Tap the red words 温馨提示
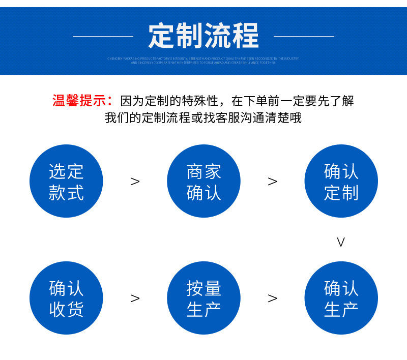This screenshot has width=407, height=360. click(x=81, y=100)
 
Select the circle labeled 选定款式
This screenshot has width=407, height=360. click(x=66, y=182)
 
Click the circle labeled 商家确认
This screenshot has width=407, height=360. click(x=203, y=182)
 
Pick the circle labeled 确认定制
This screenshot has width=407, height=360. click(x=341, y=182)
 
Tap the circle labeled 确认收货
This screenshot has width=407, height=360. click(x=66, y=298)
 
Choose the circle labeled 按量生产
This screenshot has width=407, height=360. click(x=203, y=298)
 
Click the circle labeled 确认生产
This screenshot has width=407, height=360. click(x=341, y=298)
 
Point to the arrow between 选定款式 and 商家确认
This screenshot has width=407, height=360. click(x=135, y=182)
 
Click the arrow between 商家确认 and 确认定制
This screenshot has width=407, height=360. click(x=273, y=182)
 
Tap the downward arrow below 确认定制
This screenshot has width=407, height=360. click(x=341, y=243)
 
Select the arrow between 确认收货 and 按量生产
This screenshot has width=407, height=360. click(x=135, y=298)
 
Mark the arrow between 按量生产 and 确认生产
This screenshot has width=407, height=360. click(x=273, y=298)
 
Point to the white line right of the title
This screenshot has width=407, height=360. click(x=304, y=36)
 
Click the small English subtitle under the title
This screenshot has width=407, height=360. click(x=203, y=61)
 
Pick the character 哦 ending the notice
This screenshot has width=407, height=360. click(x=296, y=118)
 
